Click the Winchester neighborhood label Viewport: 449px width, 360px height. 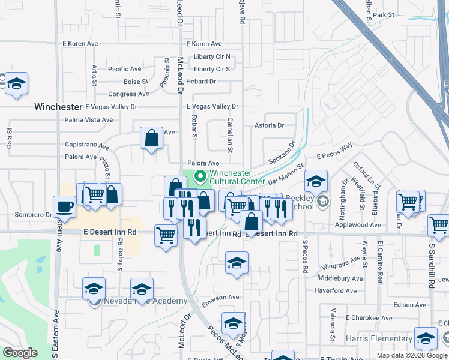tap(58, 107)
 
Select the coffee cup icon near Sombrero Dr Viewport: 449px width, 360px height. tap(64, 206)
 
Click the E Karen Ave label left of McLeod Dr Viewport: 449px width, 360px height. tap(80, 44)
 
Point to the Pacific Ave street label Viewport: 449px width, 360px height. tap(125, 69)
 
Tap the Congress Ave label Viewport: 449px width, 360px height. tap(128, 94)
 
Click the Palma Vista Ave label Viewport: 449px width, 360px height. tap(89, 119)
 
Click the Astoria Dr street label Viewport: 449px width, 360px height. tap(269, 125)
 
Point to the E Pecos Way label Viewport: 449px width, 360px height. tap(334, 151)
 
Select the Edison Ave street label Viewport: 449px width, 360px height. tap(409, 304)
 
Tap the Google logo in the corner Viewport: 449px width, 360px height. tap(20, 353)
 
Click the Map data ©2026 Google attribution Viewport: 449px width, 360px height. tap(412, 355)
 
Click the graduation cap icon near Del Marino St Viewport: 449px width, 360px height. tap(316, 179)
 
